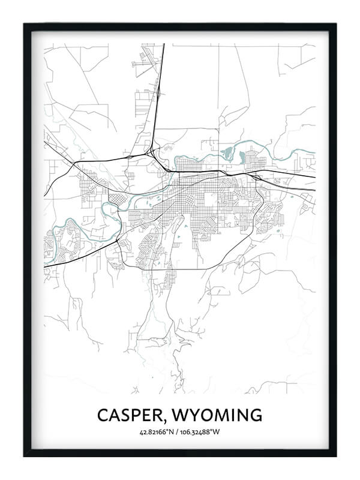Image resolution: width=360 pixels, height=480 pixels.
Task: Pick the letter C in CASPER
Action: (x=103, y=415)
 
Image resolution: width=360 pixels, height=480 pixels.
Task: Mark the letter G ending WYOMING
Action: (x=256, y=415)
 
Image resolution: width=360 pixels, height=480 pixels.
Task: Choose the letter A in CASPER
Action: (x=115, y=415)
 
